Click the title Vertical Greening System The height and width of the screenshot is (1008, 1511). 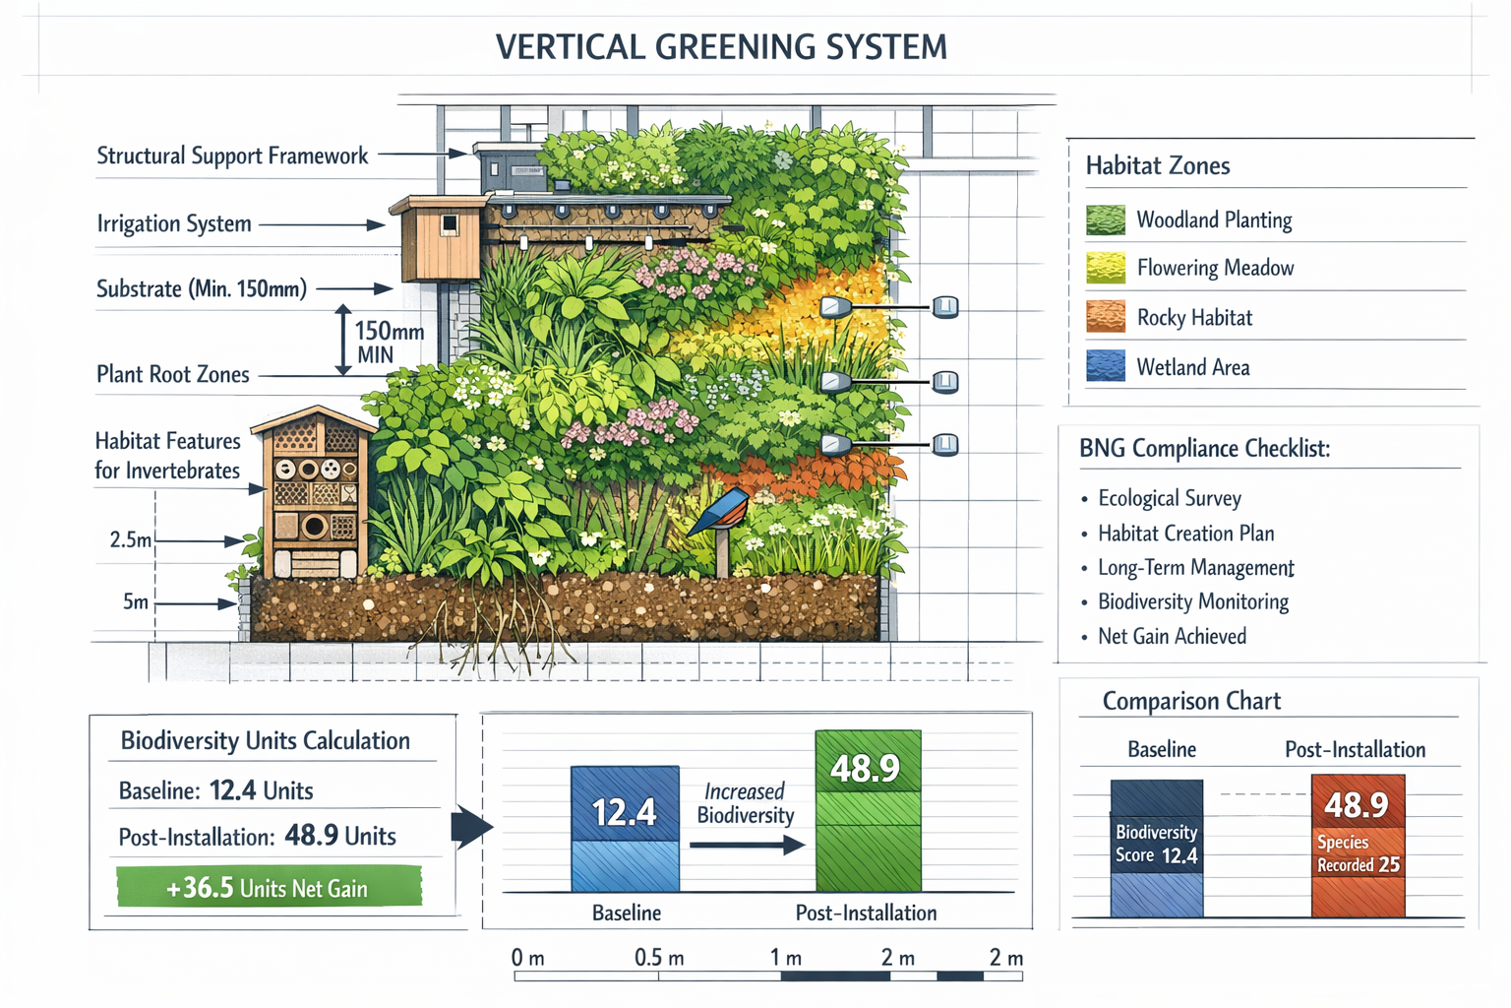pos(721,47)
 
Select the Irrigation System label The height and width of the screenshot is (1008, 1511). pos(174,224)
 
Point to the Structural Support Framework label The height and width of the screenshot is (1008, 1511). pos(232,156)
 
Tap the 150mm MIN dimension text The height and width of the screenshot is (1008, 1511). pos(389,343)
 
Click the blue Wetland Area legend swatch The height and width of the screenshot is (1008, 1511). pos(1106,366)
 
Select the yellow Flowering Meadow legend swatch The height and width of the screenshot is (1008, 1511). pos(1106,268)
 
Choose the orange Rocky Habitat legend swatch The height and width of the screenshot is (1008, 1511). pos(1106,317)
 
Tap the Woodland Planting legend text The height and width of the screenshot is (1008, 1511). pos(1214,220)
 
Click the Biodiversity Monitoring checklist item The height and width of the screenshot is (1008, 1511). pos(1192,601)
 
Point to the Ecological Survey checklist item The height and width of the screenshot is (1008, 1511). pos(1169,498)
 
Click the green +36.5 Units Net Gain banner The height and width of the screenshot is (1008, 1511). pos(269,887)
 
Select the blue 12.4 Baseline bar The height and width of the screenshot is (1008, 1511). pos(625,828)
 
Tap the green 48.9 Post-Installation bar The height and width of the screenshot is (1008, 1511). pos(868,810)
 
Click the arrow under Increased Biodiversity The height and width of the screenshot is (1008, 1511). pos(747,845)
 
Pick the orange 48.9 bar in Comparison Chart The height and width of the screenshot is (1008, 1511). pos(1358,845)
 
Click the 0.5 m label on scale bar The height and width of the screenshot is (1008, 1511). pos(658,958)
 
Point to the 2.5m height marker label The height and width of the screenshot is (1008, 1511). pos(131,539)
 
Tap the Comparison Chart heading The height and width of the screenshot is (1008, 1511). pos(1191,701)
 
